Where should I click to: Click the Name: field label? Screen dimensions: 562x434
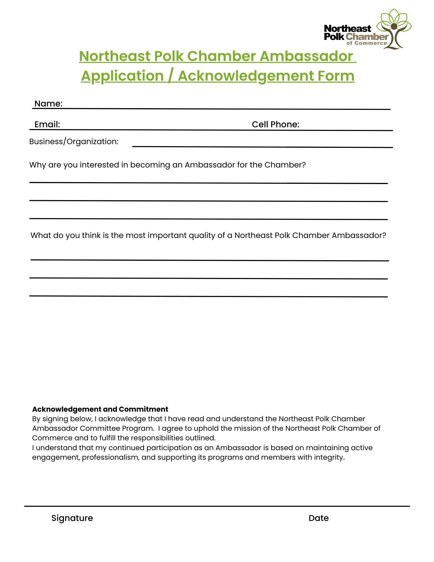tap(48, 104)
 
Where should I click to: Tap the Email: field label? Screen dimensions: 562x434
tap(47, 124)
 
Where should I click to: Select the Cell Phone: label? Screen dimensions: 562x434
tap(275, 124)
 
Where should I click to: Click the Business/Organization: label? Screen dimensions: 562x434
tap(74, 141)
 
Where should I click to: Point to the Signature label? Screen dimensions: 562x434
tap(72, 518)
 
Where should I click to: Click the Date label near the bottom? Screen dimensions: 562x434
tap(318, 518)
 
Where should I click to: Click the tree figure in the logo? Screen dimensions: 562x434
tap(394, 30)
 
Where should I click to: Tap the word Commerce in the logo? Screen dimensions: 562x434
tap(371, 43)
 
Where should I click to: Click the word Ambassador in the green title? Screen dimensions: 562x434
tap(306, 56)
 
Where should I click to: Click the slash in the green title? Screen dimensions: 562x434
tap(171, 76)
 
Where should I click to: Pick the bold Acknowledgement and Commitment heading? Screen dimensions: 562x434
tap(100, 409)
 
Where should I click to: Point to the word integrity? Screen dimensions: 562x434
tap(329, 457)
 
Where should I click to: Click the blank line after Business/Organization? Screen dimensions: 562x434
tap(262, 146)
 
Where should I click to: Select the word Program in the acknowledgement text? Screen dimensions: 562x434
tap(138, 428)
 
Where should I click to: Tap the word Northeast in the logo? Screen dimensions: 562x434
tap(347, 29)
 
